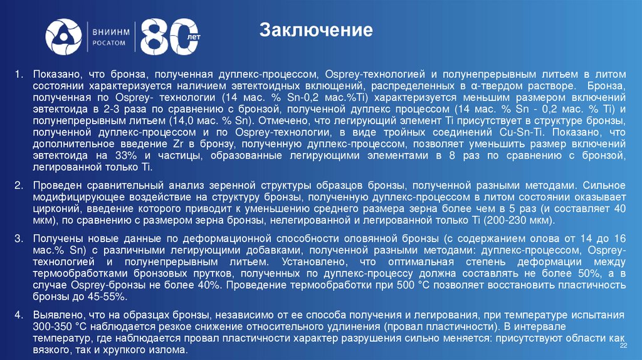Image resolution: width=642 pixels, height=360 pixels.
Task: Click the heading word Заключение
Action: tap(317, 29)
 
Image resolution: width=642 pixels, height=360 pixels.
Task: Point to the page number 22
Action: tap(623, 346)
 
